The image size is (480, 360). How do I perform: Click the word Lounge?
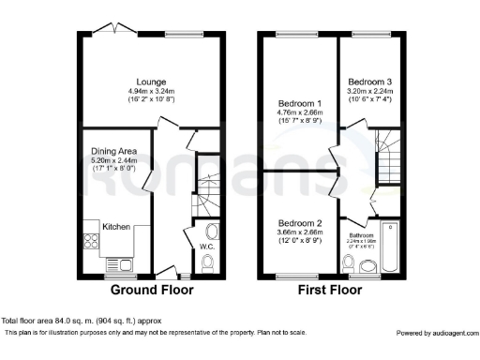click(x=151, y=82)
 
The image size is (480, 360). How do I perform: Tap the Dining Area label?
click(x=113, y=151)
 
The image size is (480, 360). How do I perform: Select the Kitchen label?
click(x=116, y=227)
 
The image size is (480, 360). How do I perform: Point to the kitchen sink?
click(x=120, y=264)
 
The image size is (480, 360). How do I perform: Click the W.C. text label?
click(x=208, y=247)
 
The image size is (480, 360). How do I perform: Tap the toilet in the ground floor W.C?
click(x=208, y=263)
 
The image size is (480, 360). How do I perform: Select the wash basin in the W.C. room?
click(x=211, y=230)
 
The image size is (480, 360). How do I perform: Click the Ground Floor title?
click(x=152, y=290)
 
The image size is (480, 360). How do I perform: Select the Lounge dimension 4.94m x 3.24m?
click(x=151, y=91)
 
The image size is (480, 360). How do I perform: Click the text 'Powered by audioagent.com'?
click(x=435, y=333)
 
